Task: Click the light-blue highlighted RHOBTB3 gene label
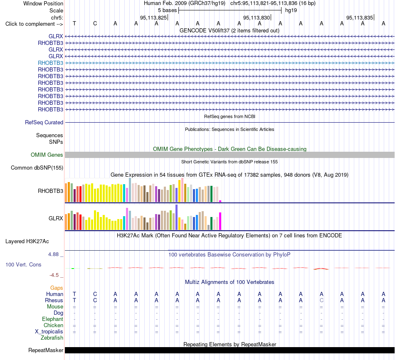50,63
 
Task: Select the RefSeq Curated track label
44,123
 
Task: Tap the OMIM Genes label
47,155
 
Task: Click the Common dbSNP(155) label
37,168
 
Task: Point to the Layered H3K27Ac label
27,242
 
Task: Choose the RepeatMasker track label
46,350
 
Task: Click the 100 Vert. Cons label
23,264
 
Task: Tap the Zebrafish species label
52,338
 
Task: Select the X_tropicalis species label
49,332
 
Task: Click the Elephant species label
52,319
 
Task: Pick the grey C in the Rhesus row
321,300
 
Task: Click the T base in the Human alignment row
74,294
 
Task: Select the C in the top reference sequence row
95,23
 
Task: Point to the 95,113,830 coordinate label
257,17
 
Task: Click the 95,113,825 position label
153,17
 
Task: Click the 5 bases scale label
168,10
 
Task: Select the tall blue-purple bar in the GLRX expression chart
177,217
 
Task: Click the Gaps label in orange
57,288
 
